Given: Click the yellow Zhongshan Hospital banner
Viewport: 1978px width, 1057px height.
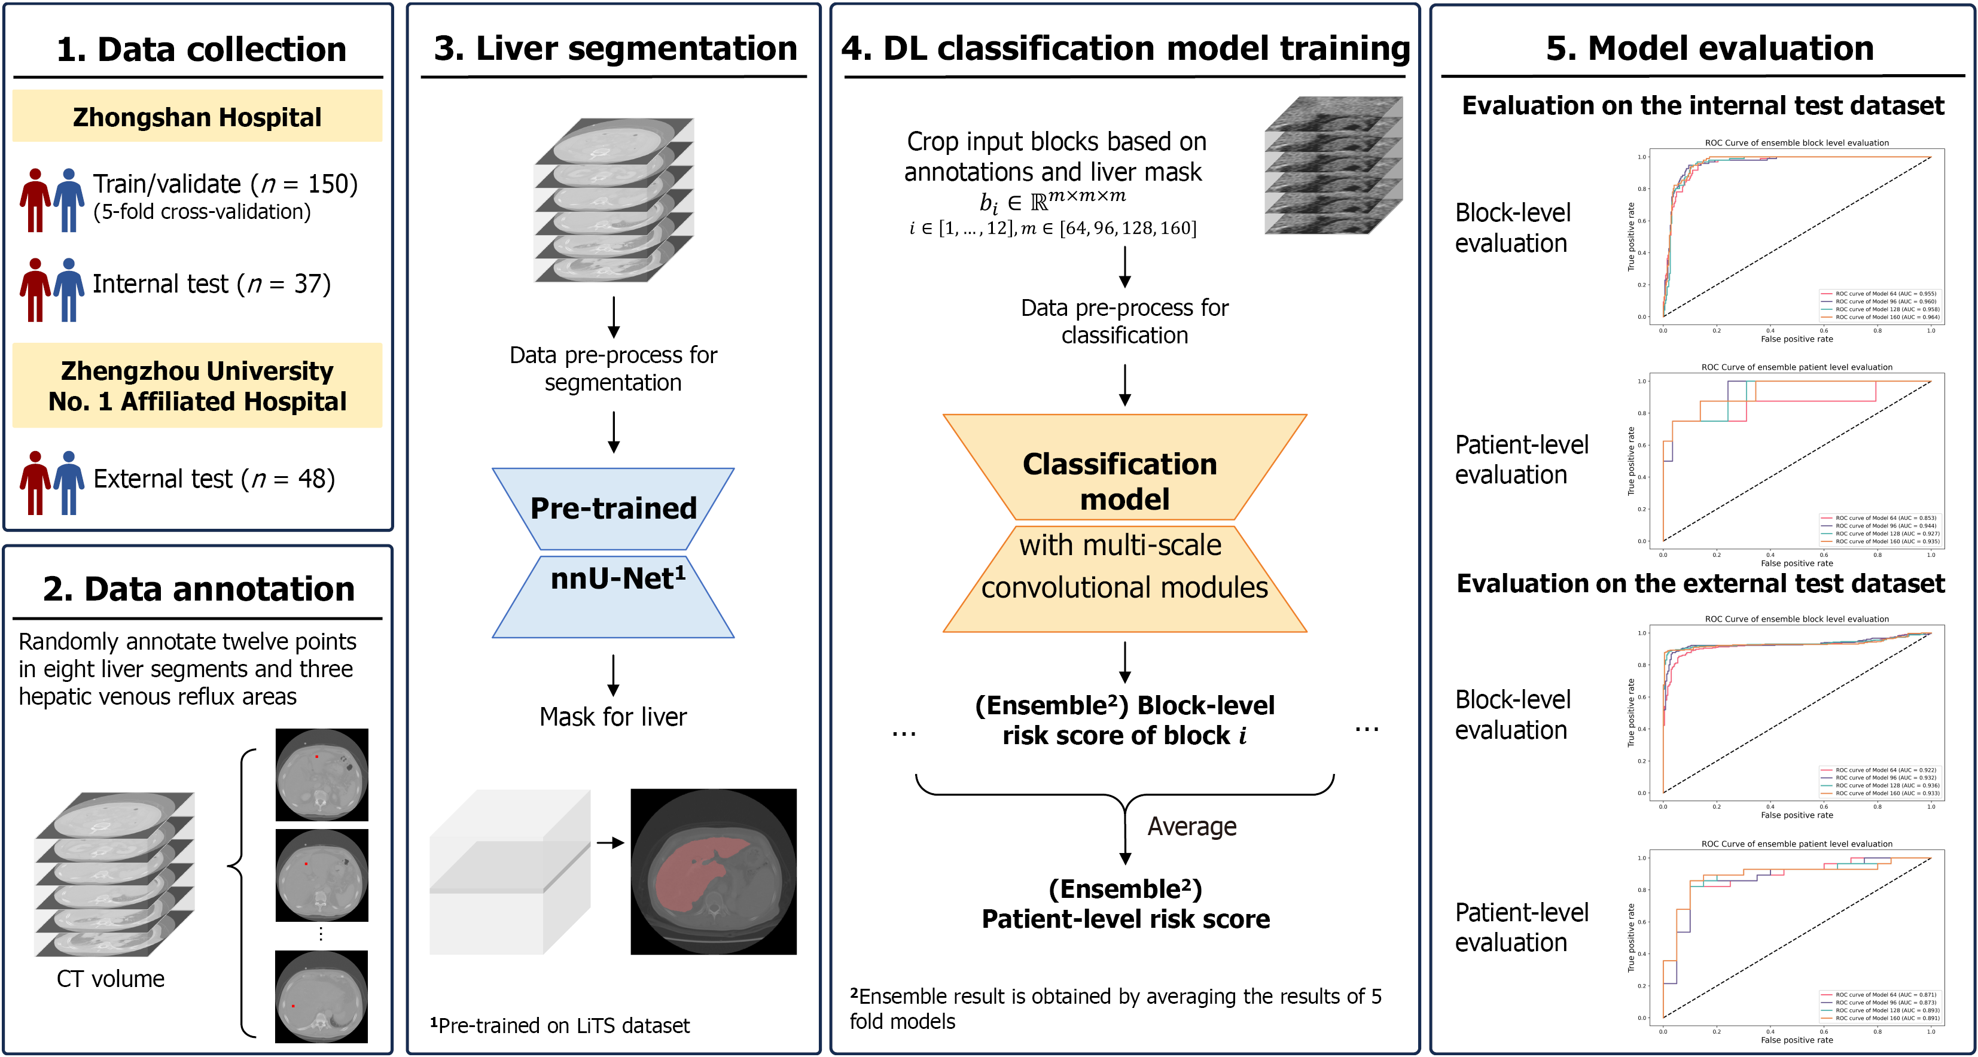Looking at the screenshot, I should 197,117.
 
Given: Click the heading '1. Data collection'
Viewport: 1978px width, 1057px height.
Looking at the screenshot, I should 201,50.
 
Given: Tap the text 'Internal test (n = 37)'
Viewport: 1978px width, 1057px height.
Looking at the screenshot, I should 211,284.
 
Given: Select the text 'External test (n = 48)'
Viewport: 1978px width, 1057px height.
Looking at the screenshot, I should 214,479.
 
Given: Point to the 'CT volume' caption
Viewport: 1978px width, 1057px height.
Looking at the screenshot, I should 111,979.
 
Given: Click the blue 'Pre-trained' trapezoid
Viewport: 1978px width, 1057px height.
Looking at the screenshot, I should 612,508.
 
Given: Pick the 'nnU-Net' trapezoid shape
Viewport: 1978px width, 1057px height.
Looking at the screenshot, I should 612,595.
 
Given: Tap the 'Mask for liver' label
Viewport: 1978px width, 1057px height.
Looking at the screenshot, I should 612,717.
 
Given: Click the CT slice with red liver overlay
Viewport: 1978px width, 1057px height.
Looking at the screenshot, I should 714,872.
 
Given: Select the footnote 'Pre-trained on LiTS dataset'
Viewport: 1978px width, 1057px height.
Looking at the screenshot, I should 560,1025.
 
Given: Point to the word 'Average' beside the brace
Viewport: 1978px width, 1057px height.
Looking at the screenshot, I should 1191,827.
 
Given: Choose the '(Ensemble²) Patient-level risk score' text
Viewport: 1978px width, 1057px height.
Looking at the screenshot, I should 1126,904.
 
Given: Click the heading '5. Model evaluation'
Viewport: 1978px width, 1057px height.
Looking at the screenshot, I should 1709,48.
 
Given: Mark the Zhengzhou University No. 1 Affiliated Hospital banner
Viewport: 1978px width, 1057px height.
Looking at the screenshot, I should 197,386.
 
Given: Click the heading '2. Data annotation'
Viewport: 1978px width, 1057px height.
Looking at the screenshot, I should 199,589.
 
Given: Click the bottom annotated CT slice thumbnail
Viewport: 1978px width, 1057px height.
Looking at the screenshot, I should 321,997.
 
